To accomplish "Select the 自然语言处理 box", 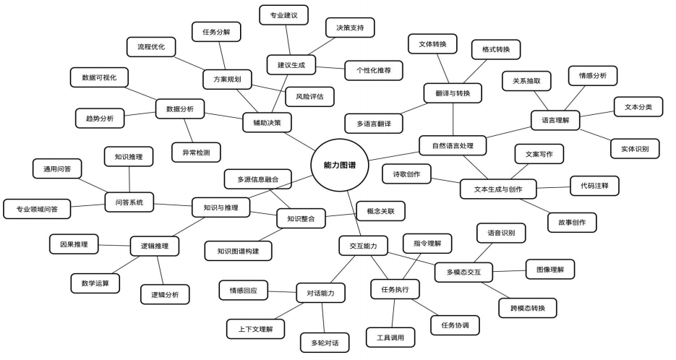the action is click(453, 145).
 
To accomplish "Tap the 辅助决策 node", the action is click(267, 123).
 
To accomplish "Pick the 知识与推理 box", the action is click(221, 207).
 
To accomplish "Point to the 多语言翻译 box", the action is click(373, 124).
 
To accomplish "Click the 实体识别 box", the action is click(635, 149).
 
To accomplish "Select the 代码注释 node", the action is click(594, 185).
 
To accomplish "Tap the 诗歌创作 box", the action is click(407, 174).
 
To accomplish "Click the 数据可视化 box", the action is click(100, 77).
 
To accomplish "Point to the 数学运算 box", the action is click(95, 283).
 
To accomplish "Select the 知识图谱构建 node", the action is click(238, 251).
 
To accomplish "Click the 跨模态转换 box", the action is click(528, 309).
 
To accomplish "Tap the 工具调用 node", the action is click(391, 337).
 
